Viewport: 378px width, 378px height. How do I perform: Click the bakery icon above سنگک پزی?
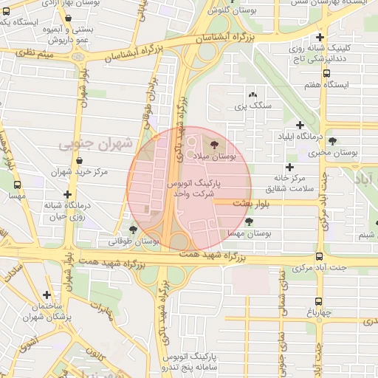coord(253,95)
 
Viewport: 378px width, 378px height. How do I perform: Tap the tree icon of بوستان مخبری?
coord(332,141)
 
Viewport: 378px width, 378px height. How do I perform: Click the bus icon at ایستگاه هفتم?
coord(327,73)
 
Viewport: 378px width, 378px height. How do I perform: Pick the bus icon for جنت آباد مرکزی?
coord(319,256)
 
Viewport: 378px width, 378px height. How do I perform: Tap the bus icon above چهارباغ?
coord(318,301)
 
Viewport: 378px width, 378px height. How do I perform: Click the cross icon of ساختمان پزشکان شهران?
coord(47,294)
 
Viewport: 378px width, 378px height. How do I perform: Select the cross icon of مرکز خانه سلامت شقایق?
coord(289,167)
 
